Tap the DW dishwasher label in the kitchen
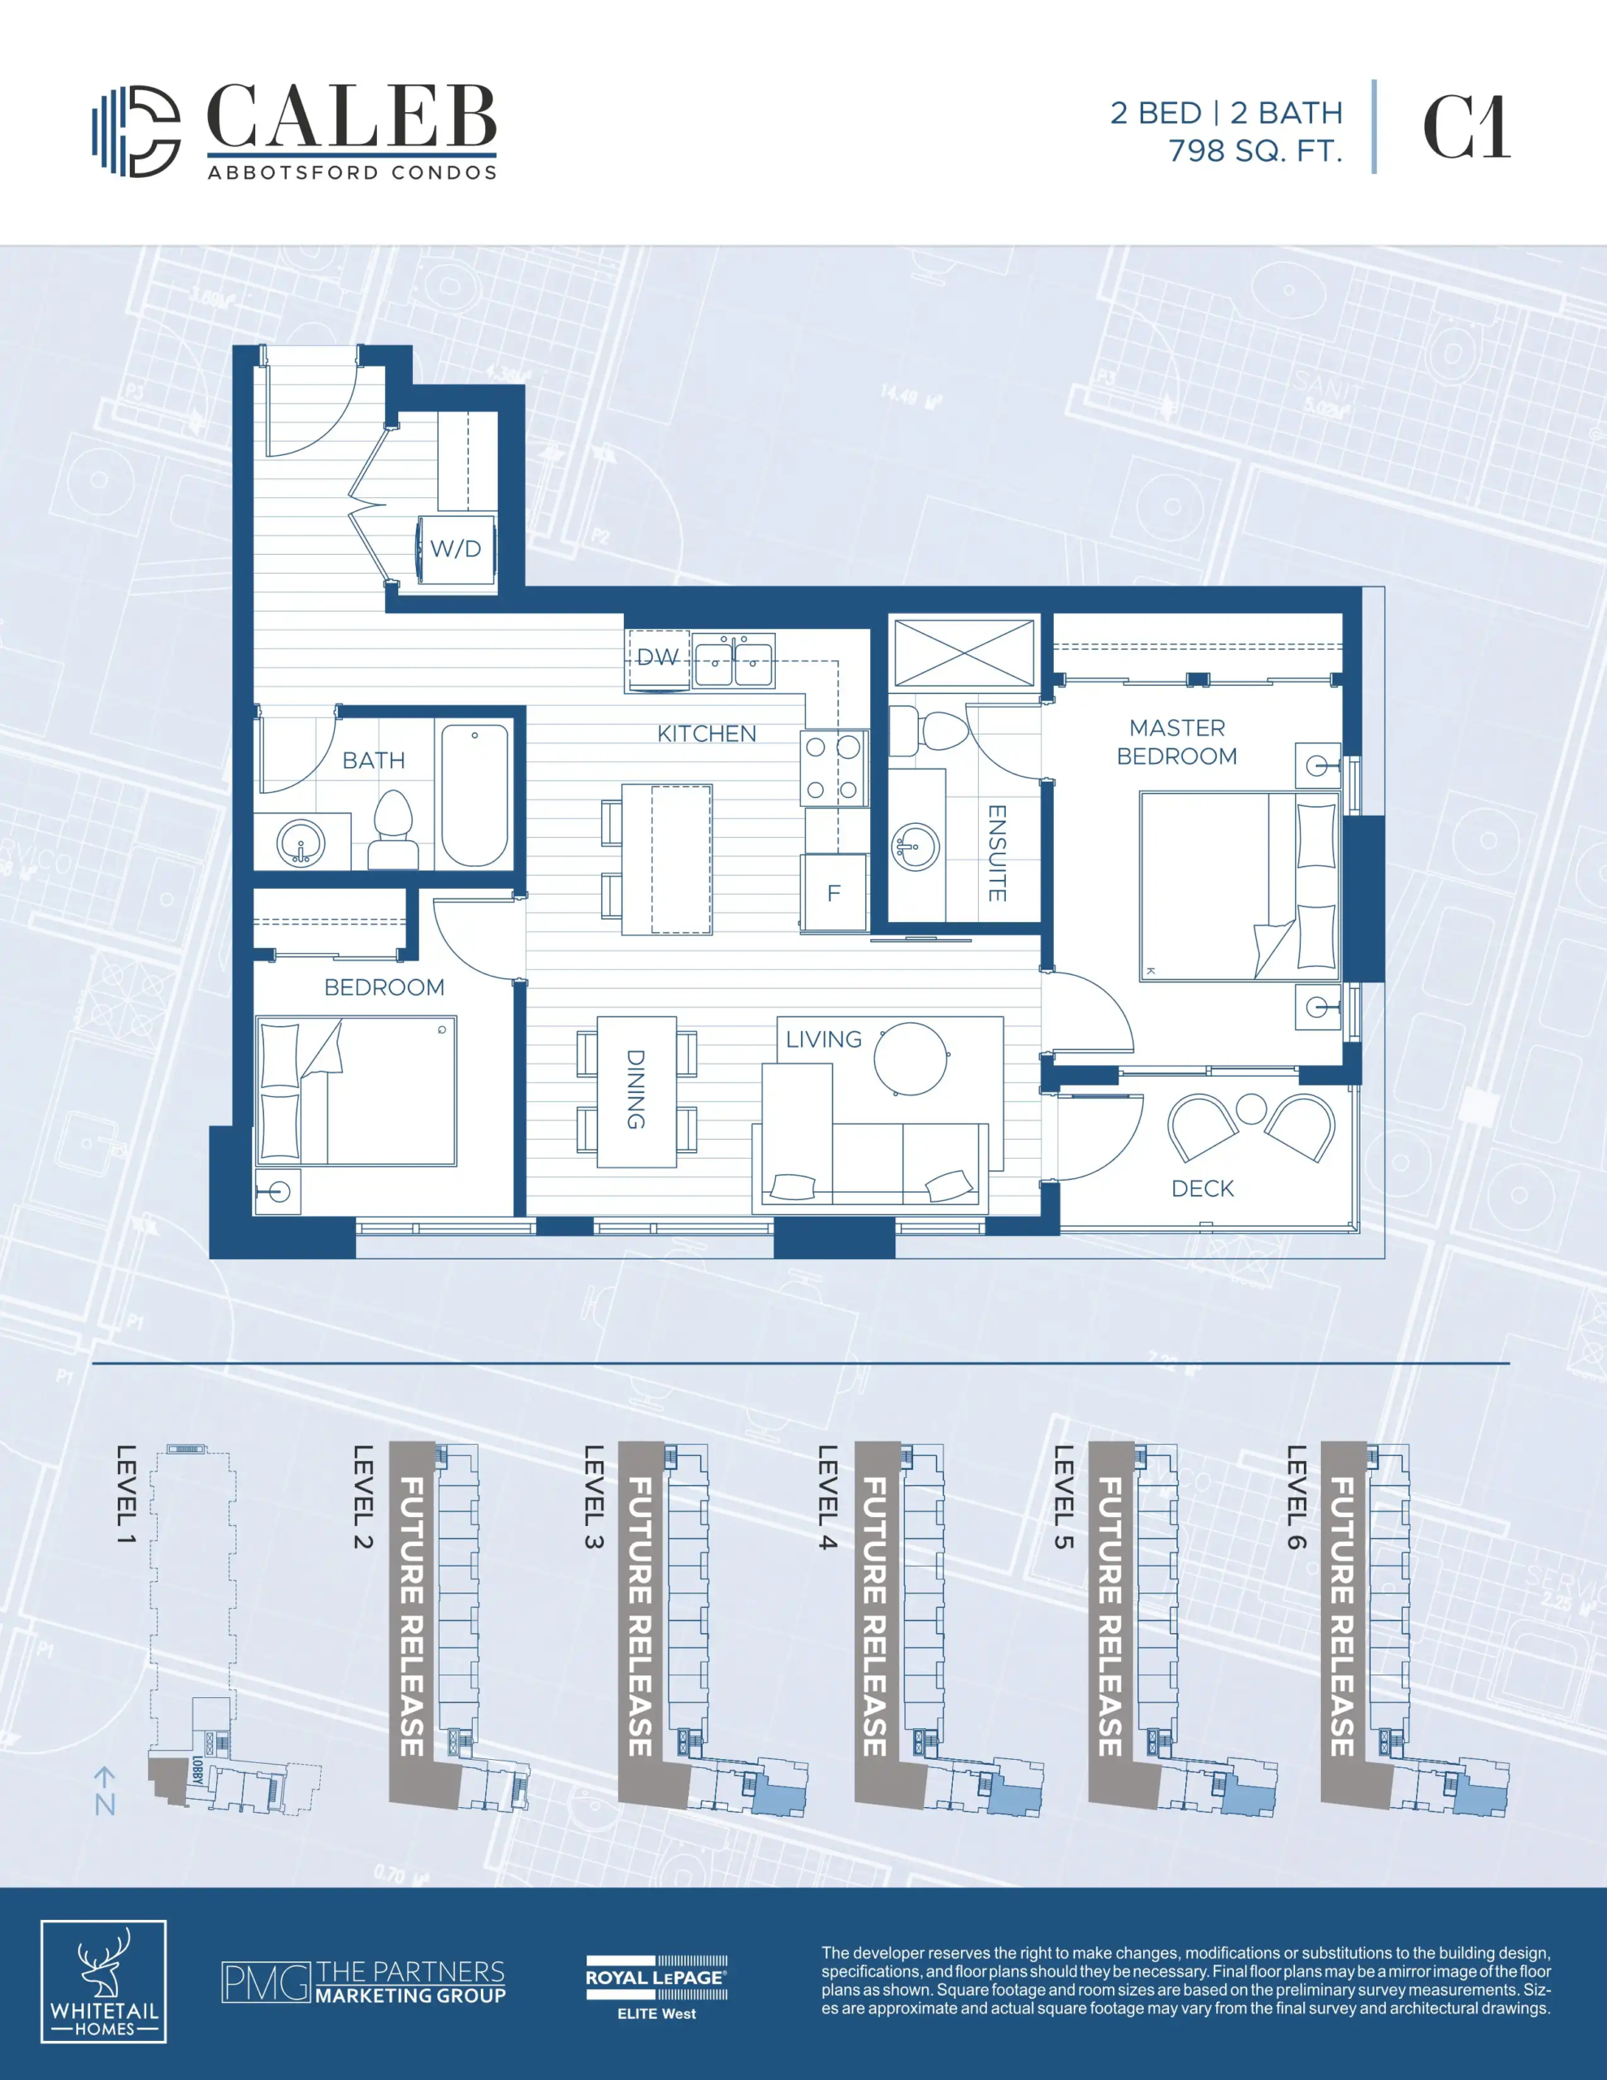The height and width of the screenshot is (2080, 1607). pos(657,657)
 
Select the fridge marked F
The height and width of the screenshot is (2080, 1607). pos(834,892)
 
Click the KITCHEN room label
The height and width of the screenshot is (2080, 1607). pos(707,734)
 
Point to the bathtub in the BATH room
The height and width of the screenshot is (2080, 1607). pos(474,795)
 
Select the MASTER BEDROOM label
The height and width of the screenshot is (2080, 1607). pos(1177,742)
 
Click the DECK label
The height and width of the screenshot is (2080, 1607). pos(1202,1189)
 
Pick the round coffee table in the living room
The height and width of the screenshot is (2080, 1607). pos(911,1059)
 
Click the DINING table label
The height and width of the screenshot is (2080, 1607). pos(635,1090)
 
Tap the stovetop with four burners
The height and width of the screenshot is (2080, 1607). pos(834,768)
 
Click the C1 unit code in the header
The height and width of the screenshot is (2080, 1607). pos(1466,128)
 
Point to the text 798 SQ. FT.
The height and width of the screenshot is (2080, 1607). pos(1255,150)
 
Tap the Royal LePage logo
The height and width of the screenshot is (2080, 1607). pos(656,1987)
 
